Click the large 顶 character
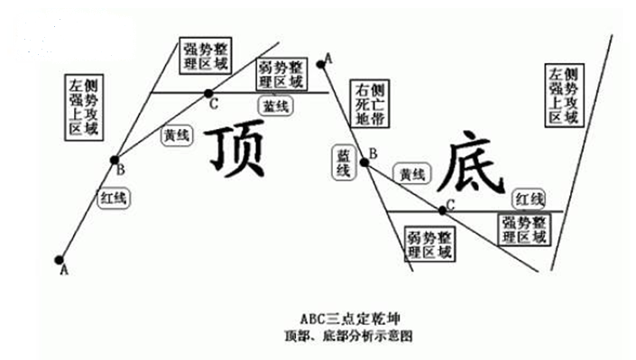(x=236, y=150)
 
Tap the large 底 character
(x=470, y=163)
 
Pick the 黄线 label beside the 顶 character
(x=176, y=136)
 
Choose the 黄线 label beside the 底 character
(x=411, y=173)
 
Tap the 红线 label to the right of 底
(x=530, y=198)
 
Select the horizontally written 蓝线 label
(x=276, y=106)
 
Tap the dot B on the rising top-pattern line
(x=115, y=161)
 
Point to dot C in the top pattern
(x=208, y=92)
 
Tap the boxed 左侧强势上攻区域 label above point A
(x=83, y=106)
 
